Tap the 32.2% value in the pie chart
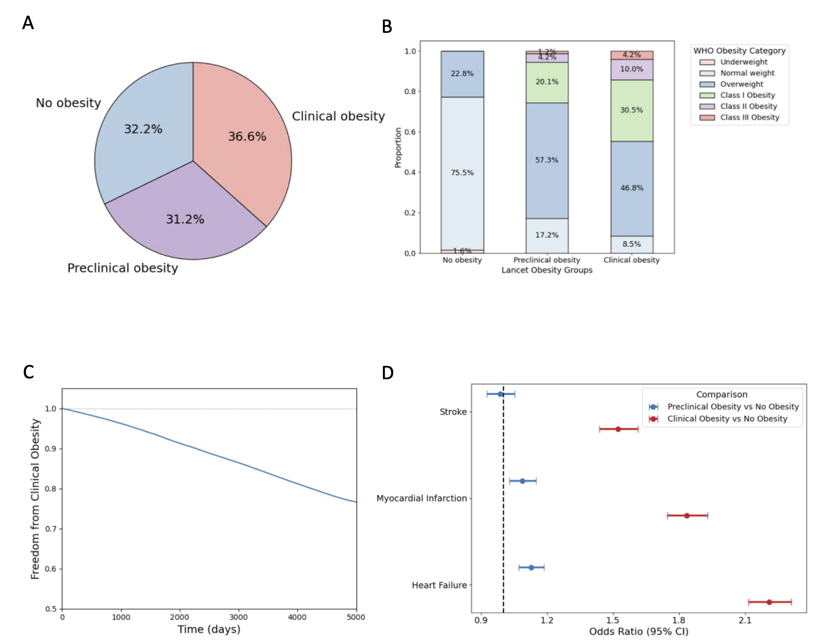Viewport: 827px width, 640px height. click(x=143, y=129)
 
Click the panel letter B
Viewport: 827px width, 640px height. click(x=387, y=27)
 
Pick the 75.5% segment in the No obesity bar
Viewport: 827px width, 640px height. click(x=462, y=173)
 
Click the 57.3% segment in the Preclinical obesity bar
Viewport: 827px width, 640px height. click(x=547, y=160)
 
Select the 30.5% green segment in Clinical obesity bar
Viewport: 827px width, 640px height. click(x=632, y=110)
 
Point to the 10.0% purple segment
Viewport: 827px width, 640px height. click(x=632, y=69)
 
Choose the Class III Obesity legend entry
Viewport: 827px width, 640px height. click(x=749, y=117)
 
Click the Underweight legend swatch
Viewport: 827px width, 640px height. click(x=707, y=62)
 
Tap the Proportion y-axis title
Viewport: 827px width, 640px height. click(x=398, y=148)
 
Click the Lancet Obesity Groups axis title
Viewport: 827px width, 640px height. click(x=547, y=270)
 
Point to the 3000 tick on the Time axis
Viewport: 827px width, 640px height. click(x=238, y=617)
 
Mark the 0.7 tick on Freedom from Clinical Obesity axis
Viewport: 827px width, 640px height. click(x=51, y=529)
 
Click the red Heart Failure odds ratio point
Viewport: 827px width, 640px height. click(x=769, y=602)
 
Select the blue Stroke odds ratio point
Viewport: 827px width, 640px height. click(x=500, y=394)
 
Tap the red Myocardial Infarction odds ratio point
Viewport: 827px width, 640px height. click(x=687, y=516)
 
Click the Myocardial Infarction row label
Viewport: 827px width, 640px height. click(x=422, y=498)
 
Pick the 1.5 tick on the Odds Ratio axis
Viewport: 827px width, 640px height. click(x=613, y=620)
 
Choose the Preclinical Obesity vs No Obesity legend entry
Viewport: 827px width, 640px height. click(x=733, y=407)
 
